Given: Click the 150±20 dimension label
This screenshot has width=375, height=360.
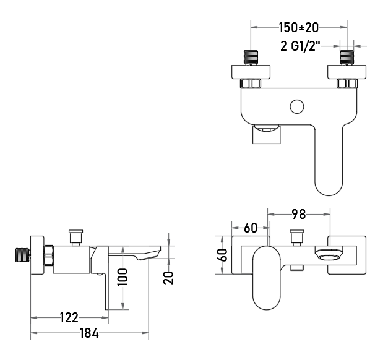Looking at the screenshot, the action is (299, 27).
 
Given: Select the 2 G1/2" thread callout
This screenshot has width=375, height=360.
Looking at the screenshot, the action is (300, 46).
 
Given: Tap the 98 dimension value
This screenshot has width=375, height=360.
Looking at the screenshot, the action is (299, 214).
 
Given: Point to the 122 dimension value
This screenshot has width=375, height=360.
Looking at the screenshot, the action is (69, 317).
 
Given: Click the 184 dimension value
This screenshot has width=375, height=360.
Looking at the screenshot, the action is (89, 333).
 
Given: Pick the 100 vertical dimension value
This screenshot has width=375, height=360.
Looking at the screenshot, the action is (123, 277).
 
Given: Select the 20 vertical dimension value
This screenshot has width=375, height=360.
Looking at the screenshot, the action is (168, 278).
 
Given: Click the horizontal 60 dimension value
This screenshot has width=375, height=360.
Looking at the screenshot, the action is (251, 228).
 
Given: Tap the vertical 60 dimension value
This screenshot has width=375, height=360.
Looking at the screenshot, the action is (222, 255).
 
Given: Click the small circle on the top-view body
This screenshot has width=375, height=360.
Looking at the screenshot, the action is (297, 106).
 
